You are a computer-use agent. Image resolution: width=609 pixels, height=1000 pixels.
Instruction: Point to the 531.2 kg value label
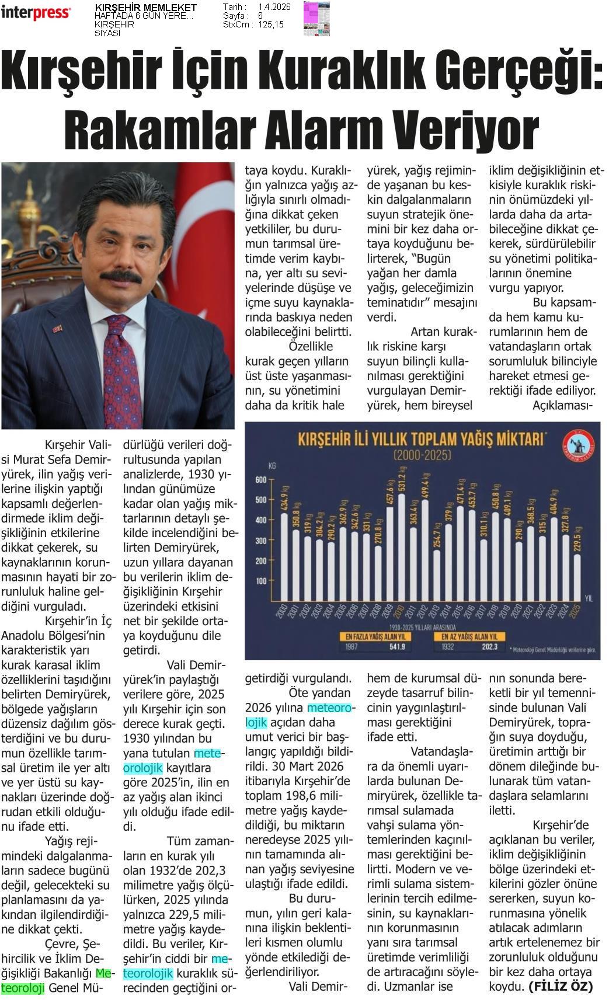point(402,480)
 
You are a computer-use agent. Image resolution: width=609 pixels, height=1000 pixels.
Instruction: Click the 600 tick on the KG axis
point(260,480)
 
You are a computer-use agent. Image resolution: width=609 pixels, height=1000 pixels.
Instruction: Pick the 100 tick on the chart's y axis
point(260,581)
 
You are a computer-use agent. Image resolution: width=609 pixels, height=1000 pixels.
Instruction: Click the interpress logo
point(36,13)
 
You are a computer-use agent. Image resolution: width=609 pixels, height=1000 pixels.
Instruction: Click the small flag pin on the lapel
point(57,328)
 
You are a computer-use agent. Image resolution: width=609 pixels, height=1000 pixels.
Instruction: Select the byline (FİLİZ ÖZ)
point(561,987)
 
